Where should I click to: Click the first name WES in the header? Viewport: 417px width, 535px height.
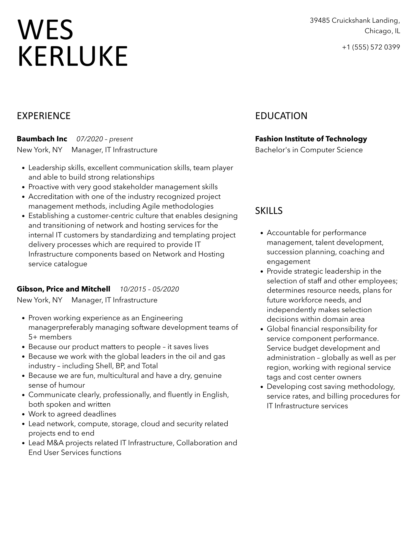point(45,30)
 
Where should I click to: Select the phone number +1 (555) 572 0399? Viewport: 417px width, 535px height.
point(371,47)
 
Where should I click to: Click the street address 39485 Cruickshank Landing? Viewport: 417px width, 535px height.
point(355,20)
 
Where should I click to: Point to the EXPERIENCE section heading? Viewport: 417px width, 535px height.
point(43,116)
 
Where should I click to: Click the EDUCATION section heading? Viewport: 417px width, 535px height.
point(281,116)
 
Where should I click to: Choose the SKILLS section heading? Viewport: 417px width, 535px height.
point(269,211)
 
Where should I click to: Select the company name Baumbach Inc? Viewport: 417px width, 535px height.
point(42,139)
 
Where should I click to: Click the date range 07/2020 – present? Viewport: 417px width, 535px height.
point(105,139)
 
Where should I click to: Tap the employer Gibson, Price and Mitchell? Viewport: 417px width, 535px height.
point(63,289)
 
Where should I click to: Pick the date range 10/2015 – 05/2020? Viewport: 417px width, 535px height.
point(149,289)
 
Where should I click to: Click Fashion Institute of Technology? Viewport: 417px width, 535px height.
point(311,139)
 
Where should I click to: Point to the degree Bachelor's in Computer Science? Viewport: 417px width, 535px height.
point(309,150)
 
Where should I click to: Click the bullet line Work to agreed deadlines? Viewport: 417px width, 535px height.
point(72,414)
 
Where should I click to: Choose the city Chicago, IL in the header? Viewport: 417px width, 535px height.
point(382,31)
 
